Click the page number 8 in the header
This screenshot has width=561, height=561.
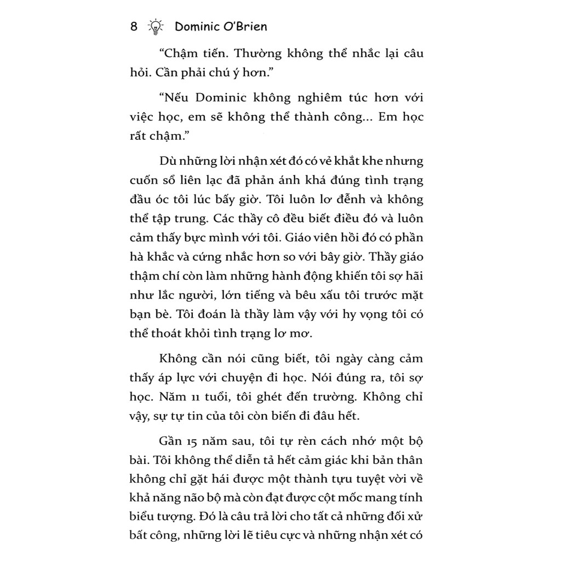(x=134, y=26)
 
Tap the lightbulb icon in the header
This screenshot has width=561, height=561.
(x=157, y=26)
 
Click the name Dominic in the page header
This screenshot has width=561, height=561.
(x=198, y=26)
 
